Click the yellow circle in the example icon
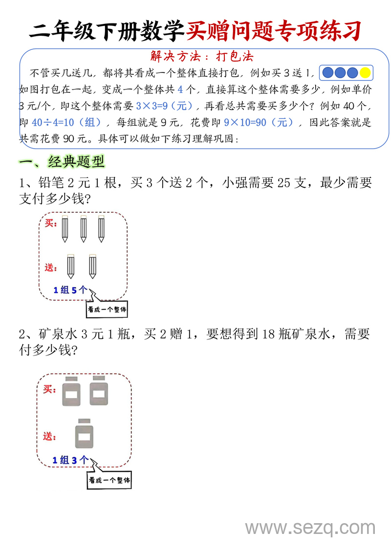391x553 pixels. pyautogui.click(x=365, y=73)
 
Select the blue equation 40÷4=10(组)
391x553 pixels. pyautogui.click(x=66, y=122)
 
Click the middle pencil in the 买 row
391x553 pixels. pyautogui.click(x=83, y=228)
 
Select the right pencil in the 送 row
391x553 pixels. pyautogui.click(x=93, y=266)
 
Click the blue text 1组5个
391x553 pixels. pyautogui.click(x=71, y=290)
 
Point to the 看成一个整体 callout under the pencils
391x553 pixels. pyautogui.click(x=108, y=309)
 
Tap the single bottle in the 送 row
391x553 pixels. pyautogui.click(x=84, y=434)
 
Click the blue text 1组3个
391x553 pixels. pyautogui.click(x=70, y=460)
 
